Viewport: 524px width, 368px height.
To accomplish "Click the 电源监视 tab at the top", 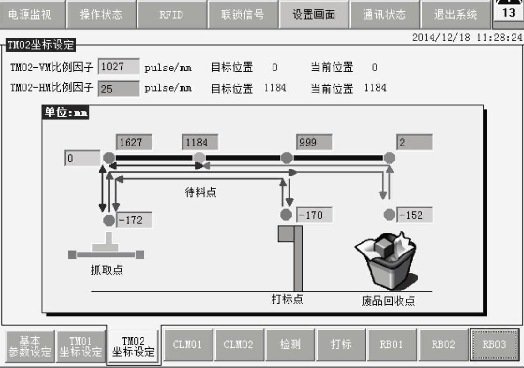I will (31, 15).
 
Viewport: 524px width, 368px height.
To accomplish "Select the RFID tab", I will (171, 15).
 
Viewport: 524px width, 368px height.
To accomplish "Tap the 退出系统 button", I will (455, 15).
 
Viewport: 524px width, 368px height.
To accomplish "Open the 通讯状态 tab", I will (384, 15).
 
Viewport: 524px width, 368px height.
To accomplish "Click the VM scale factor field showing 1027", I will (119, 67).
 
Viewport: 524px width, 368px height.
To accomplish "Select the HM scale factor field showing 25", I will (119, 88).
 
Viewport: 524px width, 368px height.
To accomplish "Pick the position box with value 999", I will (314, 143).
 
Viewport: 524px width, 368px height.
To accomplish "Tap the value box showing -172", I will (135, 220).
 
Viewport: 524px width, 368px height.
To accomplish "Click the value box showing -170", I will (314, 215).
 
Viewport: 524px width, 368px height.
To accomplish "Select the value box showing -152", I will (414, 215).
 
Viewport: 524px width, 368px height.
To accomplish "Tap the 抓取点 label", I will (107, 270).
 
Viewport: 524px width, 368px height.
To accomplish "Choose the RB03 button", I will (494, 345).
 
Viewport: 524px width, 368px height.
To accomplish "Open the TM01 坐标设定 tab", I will (81, 346).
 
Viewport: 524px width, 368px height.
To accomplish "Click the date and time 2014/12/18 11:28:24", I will (466, 38).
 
